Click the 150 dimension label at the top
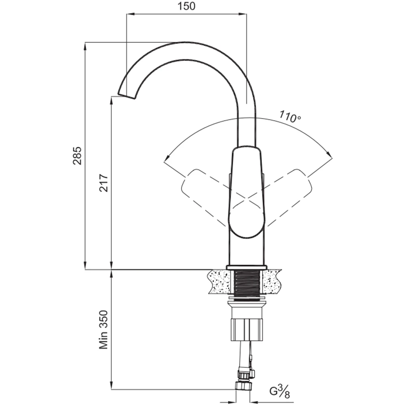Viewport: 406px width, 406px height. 186,6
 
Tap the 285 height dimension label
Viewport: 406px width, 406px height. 77,155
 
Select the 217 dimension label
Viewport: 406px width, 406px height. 104,183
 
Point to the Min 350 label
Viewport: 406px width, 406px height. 104,330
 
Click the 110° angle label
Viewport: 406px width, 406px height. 290,117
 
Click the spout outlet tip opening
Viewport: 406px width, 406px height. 127,96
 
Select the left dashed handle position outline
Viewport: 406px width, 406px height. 205,197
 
